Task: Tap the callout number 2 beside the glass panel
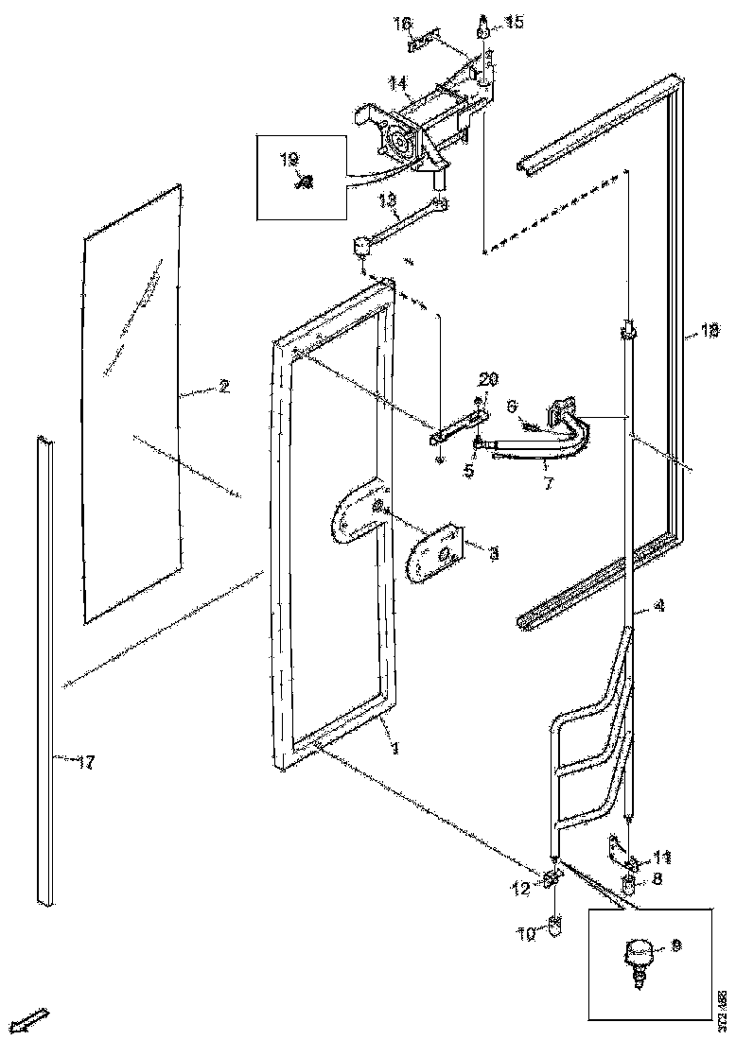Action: click(223, 386)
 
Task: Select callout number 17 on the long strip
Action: click(85, 763)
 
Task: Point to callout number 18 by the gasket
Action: click(710, 330)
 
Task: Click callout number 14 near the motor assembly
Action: click(396, 84)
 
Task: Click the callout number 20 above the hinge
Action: click(487, 379)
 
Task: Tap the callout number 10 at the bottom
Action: click(527, 933)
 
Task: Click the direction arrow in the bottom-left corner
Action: click(33, 1020)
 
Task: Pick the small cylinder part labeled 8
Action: click(628, 887)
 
